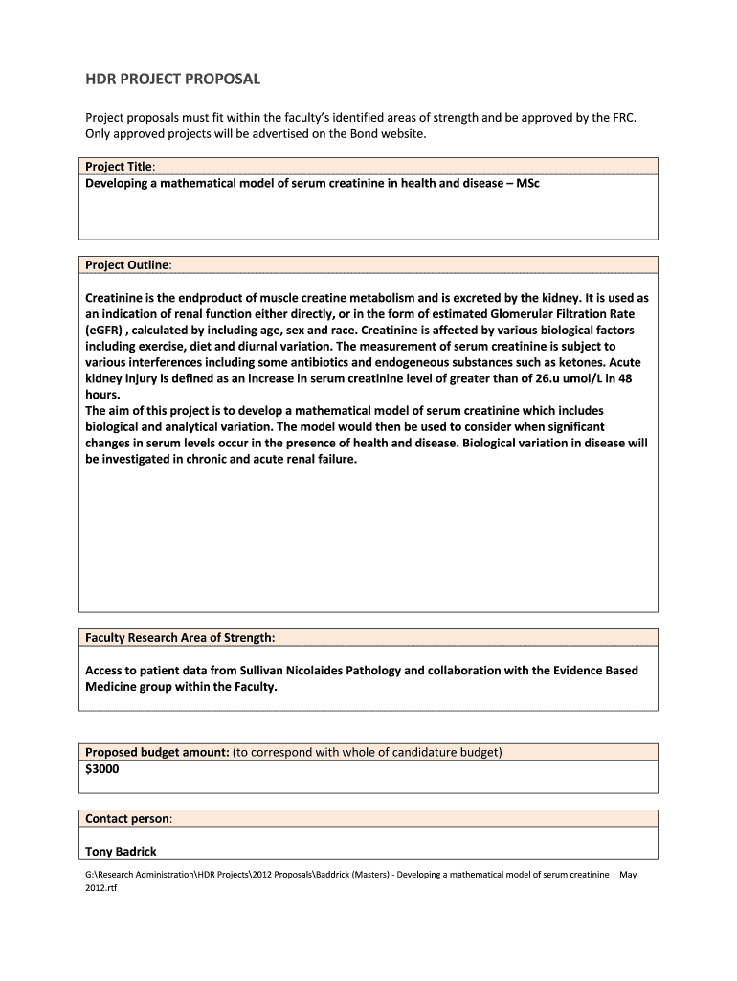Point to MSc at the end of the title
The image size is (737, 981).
pyautogui.click(x=527, y=183)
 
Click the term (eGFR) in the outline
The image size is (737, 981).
pyautogui.click(x=109, y=331)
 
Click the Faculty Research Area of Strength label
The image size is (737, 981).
pyautogui.click(x=180, y=637)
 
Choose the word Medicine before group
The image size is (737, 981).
pyautogui.click(x=112, y=687)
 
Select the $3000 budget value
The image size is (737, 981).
pyautogui.click(x=102, y=768)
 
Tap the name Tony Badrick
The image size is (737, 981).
pyautogui.click(x=121, y=851)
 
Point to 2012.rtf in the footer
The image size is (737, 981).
pyautogui.click(x=100, y=887)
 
